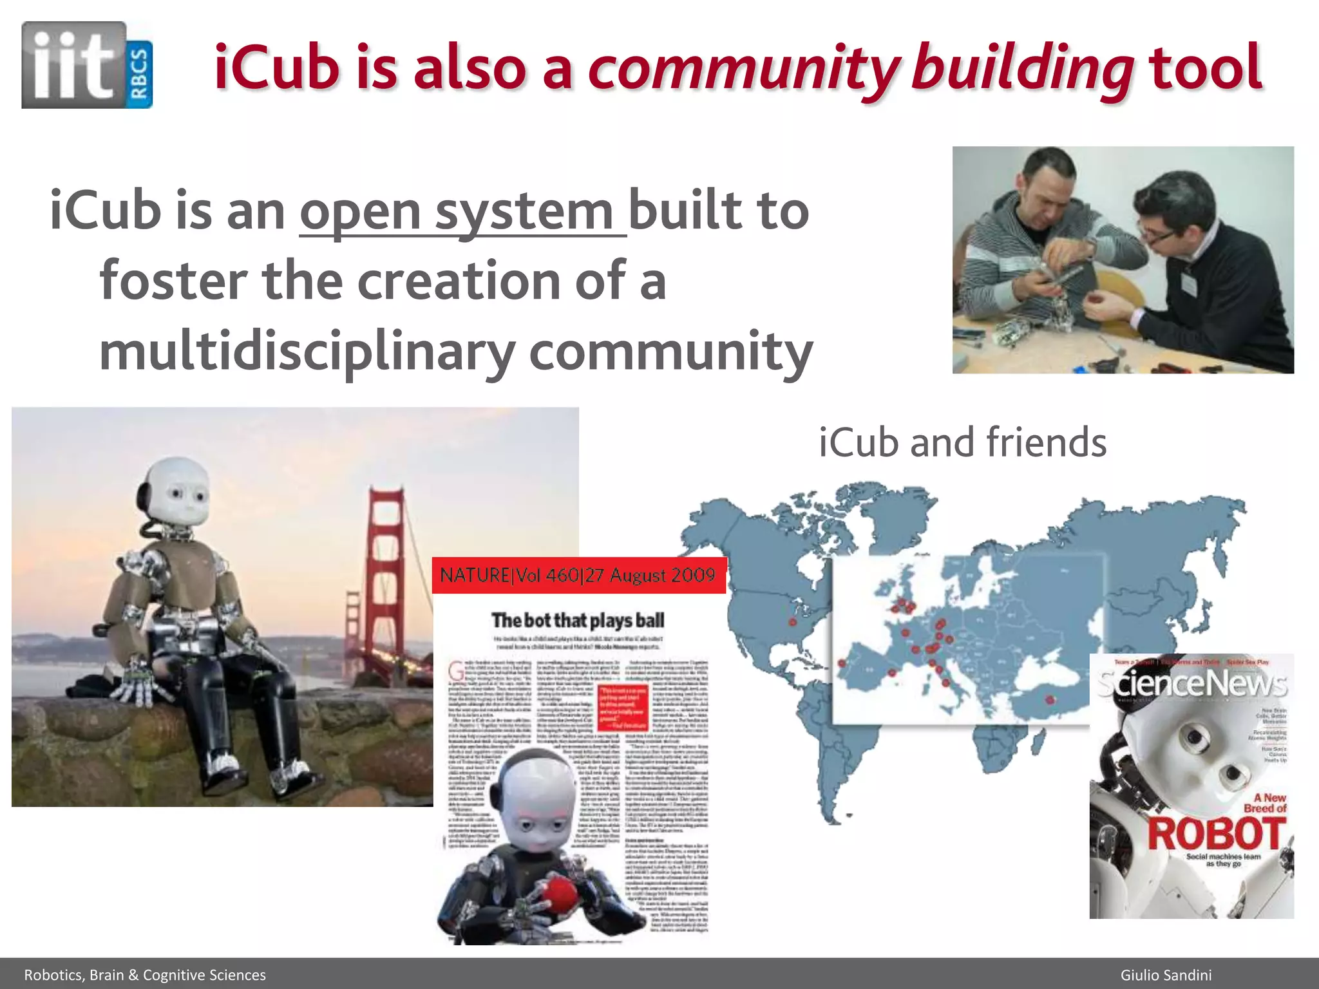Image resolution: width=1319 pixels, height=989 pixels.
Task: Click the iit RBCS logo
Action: [x=87, y=65]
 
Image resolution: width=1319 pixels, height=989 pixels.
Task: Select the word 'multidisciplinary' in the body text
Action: [x=307, y=352]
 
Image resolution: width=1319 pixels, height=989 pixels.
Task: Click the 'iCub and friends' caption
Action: [x=962, y=442]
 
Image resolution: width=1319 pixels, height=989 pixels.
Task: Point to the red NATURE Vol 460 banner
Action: [x=578, y=575]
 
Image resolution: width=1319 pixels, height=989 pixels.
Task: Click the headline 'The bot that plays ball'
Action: [x=578, y=620]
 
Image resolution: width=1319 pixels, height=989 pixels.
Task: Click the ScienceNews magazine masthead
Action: [x=1191, y=684]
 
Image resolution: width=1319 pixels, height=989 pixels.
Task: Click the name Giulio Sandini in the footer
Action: [x=1166, y=975]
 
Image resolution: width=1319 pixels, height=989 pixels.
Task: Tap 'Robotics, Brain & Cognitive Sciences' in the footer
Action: [x=145, y=975]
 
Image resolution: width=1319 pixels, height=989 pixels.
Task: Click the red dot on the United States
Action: [x=793, y=622]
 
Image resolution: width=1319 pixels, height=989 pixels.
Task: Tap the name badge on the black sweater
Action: [x=1188, y=283]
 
